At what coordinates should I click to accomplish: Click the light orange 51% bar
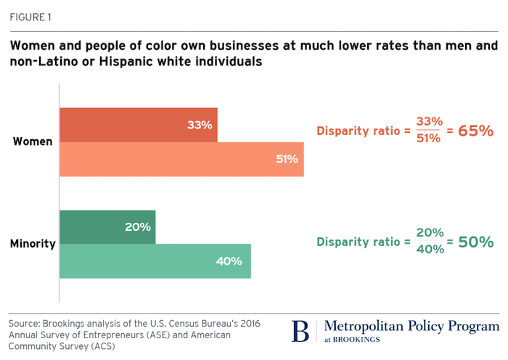coord(181,159)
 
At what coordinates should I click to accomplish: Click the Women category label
coord(33,142)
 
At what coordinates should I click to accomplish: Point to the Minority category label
coord(33,244)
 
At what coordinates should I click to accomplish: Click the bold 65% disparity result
coord(475,131)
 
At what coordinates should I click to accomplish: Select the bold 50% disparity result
coord(475,242)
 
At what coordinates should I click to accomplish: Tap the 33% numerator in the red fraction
coord(430,122)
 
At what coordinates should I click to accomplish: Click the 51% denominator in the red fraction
coord(430,139)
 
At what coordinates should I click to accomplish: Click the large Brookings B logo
coord(300,330)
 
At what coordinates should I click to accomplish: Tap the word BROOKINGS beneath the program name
coord(357,340)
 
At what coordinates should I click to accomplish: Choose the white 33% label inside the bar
coord(200,125)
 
